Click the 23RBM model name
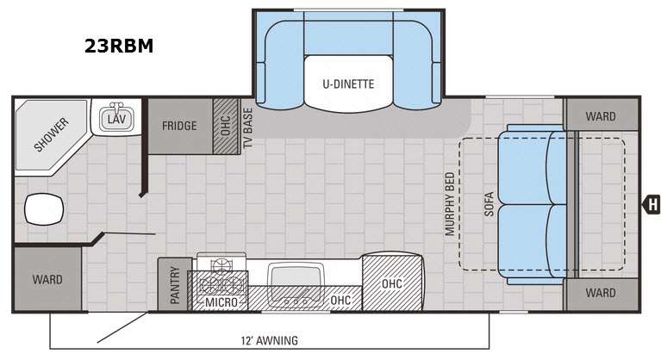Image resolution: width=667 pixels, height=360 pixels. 119,46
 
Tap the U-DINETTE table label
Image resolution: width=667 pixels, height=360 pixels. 348,84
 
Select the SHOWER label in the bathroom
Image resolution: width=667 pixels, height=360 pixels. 51,134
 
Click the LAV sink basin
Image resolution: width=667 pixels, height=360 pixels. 116,119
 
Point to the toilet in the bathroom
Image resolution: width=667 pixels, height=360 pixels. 44,208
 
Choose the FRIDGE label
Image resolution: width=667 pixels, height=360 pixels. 179,126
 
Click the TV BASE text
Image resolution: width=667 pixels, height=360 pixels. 247,127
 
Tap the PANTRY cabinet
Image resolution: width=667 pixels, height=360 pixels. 175,284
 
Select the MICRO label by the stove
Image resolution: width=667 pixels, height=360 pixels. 221,302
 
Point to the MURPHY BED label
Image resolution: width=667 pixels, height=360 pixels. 450,204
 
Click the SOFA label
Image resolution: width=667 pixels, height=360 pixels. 489,204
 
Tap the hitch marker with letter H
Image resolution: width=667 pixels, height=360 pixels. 651,204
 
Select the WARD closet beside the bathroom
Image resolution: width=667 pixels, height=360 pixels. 47,279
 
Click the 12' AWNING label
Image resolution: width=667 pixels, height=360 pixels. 269,340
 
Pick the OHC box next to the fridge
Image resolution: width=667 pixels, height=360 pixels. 226,126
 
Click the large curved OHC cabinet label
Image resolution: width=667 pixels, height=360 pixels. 392,283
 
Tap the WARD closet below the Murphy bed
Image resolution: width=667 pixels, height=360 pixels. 601,294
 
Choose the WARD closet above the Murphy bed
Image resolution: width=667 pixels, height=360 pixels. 601,115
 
